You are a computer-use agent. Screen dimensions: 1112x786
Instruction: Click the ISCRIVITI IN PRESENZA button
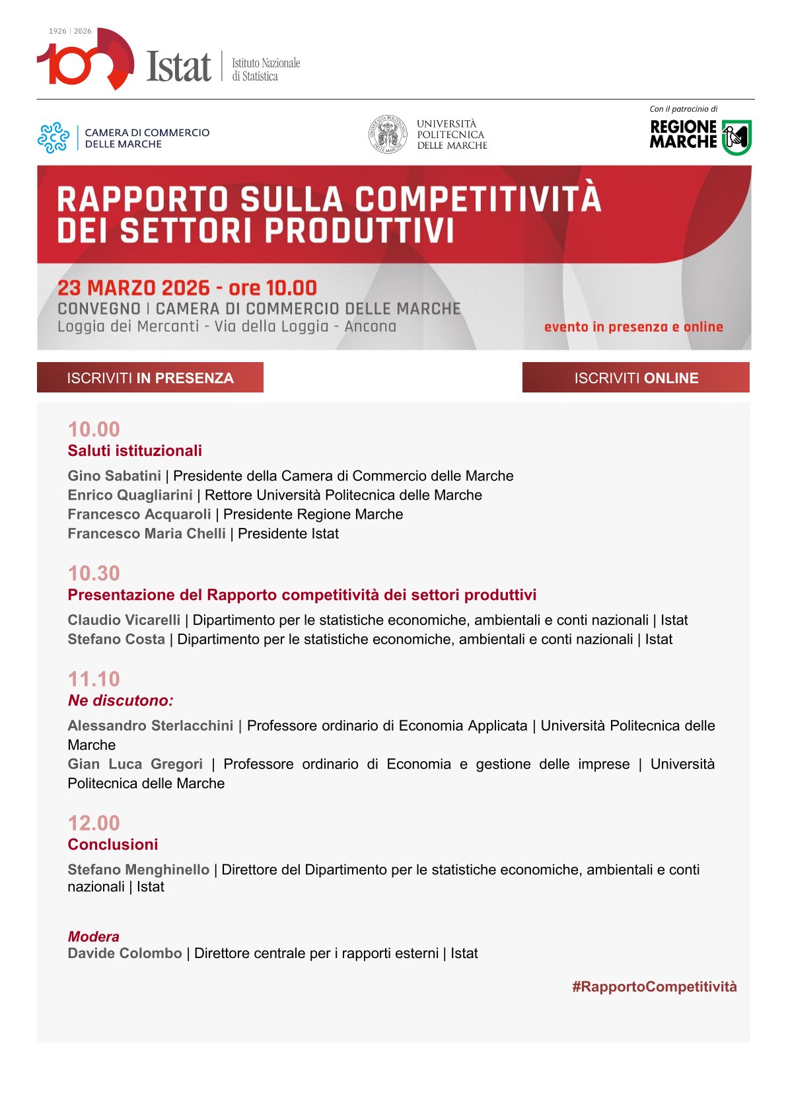pyautogui.click(x=150, y=377)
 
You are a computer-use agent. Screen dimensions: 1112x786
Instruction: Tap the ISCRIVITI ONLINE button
pyautogui.click(x=635, y=377)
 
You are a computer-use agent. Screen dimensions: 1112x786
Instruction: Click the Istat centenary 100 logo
pyautogui.click(x=85, y=61)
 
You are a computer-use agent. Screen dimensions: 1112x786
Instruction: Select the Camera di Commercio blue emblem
pyautogui.click(x=54, y=137)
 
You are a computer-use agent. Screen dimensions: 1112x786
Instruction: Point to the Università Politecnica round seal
pyautogui.click(x=388, y=135)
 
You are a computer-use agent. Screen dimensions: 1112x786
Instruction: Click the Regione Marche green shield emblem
pyautogui.click(x=736, y=137)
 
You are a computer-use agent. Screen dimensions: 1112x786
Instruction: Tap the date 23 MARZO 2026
pyautogui.click(x=133, y=288)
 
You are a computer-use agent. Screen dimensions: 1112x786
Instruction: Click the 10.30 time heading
pyautogui.click(x=94, y=573)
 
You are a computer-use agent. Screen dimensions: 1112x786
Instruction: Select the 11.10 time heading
pyautogui.click(x=94, y=679)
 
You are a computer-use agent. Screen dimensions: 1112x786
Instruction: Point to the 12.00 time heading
pyautogui.click(x=94, y=823)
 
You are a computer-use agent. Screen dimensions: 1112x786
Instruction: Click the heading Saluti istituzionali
pyautogui.click(x=135, y=451)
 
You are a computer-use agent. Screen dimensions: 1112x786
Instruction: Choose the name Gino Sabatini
pyautogui.click(x=114, y=476)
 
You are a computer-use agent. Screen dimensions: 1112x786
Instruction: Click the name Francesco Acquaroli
pyautogui.click(x=139, y=514)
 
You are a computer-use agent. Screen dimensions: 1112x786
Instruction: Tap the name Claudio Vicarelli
pyautogui.click(x=124, y=620)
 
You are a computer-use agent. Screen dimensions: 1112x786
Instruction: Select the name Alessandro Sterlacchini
pyautogui.click(x=151, y=725)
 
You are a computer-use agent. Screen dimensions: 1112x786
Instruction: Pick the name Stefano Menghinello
pyautogui.click(x=139, y=870)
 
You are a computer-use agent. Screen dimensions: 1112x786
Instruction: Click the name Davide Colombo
pyautogui.click(x=125, y=953)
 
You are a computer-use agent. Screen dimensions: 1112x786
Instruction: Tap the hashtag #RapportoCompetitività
pyautogui.click(x=654, y=986)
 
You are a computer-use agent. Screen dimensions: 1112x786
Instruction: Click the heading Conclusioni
pyautogui.click(x=113, y=844)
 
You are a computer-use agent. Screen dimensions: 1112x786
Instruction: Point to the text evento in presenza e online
pyautogui.click(x=633, y=326)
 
